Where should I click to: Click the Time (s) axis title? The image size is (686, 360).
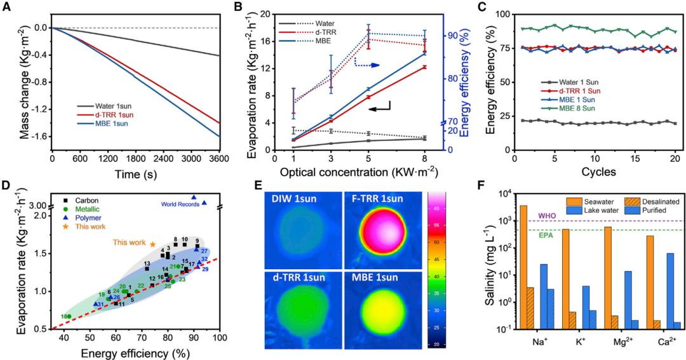pos(136,174)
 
